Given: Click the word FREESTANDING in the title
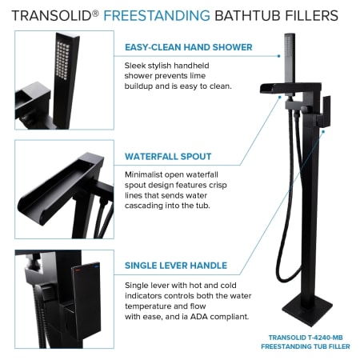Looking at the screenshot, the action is click(x=157, y=15).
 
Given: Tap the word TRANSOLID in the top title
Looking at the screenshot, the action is click(x=52, y=15).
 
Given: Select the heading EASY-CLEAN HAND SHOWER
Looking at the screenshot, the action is click(x=189, y=47).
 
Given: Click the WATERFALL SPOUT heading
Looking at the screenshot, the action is click(x=168, y=156).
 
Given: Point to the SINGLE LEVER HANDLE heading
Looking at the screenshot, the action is click(x=176, y=266).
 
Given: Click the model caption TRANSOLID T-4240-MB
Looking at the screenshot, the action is click(x=306, y=338).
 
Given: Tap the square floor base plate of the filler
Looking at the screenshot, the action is click(x=307, y=310).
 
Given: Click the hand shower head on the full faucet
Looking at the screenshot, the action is click(x=290, y=58).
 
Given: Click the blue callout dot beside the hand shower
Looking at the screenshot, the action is click(x=278, y=56).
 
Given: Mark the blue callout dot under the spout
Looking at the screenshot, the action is click(x=279, y=98).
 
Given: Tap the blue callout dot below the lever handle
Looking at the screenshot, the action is click(x=323, y=131).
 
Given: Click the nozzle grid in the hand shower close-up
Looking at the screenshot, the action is click(x=63, y=61).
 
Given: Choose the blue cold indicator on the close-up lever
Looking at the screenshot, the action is click(x=96, y=266).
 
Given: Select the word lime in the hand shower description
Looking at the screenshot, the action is click(x=198, y=76).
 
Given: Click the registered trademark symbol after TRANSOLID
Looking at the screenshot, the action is click(x=95, y=13).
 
